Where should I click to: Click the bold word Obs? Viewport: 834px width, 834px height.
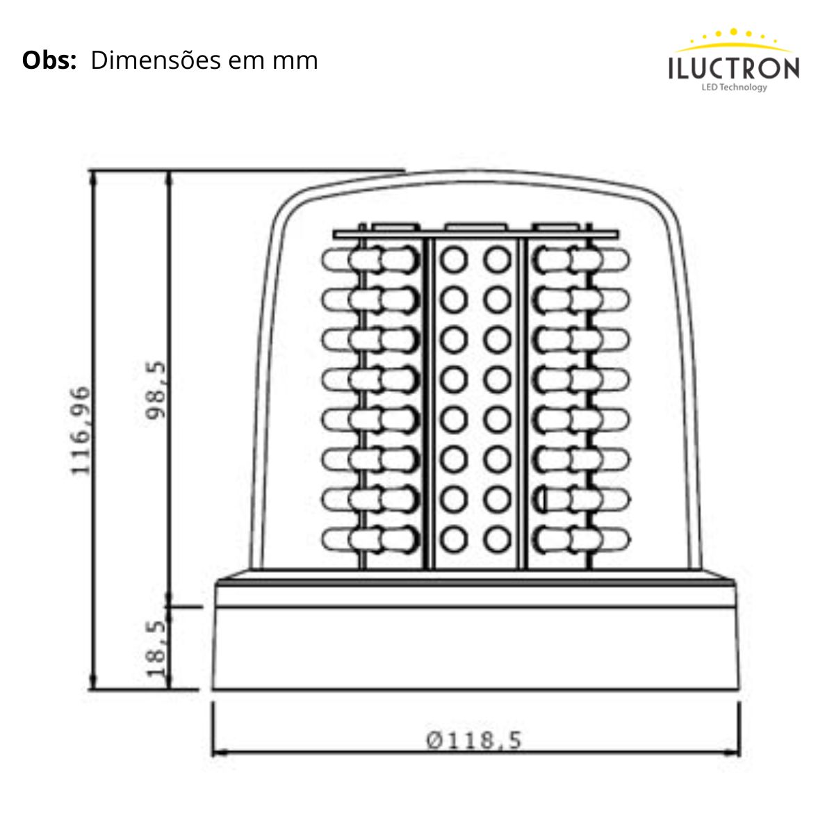pos(49,60)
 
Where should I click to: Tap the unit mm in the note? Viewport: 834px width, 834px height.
pos(295,61)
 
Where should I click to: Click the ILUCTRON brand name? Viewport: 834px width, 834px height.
pos(734,69)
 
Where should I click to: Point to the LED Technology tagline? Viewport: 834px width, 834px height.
pos(734,88)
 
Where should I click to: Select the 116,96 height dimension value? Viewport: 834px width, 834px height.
pos(81,431)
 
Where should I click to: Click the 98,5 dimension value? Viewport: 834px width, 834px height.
pos(156,389)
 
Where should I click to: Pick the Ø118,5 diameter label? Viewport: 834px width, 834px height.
pos(474,740)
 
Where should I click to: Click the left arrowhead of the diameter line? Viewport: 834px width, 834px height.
pos(217,752)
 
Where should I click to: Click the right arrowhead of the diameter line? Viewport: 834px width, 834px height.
pos(735,752)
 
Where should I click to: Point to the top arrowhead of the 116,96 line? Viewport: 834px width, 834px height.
pos(93,177)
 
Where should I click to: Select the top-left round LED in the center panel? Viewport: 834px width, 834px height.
pos(453,261)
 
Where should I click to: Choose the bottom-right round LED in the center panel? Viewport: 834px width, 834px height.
pos(498,538)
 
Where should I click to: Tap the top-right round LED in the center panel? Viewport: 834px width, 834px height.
pos(498,261)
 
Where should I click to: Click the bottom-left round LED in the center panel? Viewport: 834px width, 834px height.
pos(453,538)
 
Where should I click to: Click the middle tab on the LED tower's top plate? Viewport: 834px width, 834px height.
pos(476,227)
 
